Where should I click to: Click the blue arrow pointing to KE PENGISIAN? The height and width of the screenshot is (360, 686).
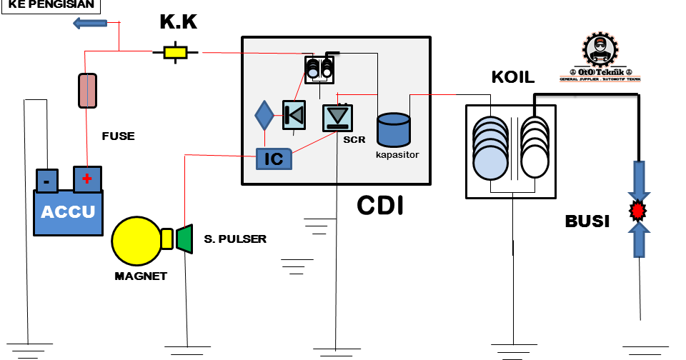tap(90, 24)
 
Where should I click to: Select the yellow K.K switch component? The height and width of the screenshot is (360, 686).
tap(175, 52)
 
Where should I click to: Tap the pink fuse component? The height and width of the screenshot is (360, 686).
tap(86, 91)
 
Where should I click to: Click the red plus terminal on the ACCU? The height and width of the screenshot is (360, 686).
tap(87, 179)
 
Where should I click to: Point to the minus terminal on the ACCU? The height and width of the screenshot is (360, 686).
tap(47, 181)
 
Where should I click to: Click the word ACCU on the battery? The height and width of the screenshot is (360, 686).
tap(68, 212)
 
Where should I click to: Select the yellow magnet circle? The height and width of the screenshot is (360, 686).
tap(136, 241)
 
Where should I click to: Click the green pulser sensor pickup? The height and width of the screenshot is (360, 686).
tap(185, 239)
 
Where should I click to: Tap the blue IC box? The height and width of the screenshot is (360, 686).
tap(274, 159)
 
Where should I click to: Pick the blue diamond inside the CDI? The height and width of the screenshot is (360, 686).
tap(264, 114)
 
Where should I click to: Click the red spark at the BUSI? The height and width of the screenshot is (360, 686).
tap(637, 211)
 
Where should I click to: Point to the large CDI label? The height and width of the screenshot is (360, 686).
tap(380, 205)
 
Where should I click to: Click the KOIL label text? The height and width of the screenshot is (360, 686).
tap(512, 77)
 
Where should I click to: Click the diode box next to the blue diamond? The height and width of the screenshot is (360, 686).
tap(294, 115)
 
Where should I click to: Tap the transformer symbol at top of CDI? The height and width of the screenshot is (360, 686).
tap(319, 70)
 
